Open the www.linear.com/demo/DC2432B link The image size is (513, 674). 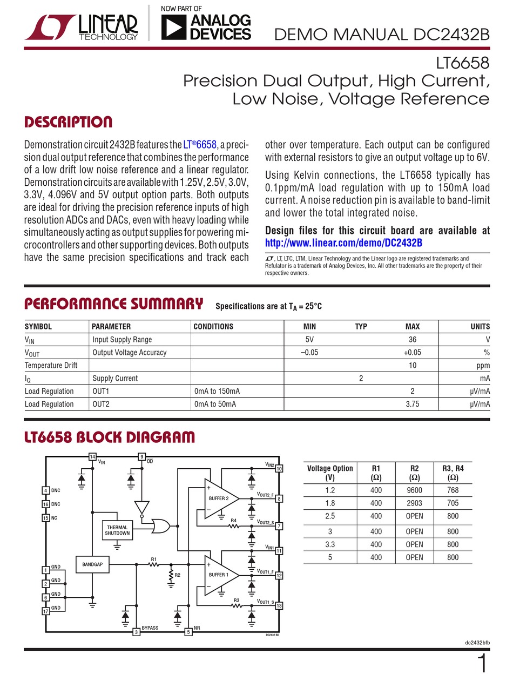(343, 243)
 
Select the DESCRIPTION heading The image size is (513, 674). (69, 122)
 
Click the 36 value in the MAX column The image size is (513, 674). (413, 340)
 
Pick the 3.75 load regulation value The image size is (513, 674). (412, 404)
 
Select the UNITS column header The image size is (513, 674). (480, 326)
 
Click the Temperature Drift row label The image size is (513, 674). (51, 366)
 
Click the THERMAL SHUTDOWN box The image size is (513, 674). (117, 530)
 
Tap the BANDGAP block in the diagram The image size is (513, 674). (92, 565)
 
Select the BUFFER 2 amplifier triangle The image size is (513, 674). (219, 498)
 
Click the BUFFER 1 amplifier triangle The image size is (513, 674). (219, 575)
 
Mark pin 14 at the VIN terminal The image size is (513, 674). (92, 457)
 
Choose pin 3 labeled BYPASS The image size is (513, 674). (137, 631)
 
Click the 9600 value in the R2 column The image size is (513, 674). (414, 490)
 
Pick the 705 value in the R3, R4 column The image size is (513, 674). (453, 503)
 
